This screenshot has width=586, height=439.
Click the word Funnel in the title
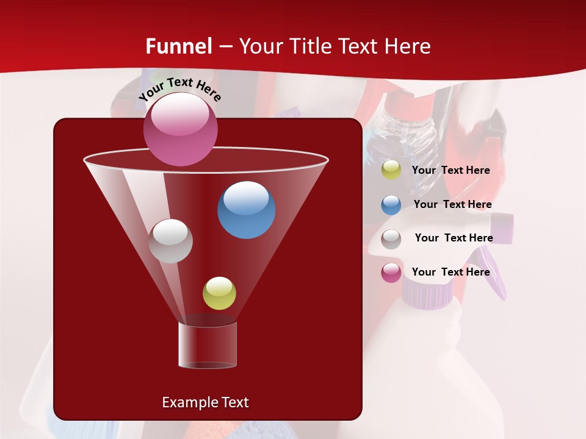179,46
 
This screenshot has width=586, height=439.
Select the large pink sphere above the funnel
181,129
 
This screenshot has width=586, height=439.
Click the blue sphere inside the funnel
246,210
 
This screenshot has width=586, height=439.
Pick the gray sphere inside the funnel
170,241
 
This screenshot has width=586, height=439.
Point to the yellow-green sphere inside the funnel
219,293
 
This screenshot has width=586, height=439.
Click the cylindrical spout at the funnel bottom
208,344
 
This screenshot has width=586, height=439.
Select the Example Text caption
205,402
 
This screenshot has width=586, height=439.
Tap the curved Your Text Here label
179,90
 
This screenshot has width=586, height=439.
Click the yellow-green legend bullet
391,170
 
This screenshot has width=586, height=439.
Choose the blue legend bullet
391,205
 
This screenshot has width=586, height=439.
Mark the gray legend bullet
391,238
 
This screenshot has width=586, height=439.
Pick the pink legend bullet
391,273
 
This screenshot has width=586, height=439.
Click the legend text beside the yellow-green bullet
450,170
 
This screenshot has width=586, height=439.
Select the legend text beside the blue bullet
452,204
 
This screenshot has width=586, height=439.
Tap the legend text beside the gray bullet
454,238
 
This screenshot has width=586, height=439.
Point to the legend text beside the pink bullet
450,272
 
